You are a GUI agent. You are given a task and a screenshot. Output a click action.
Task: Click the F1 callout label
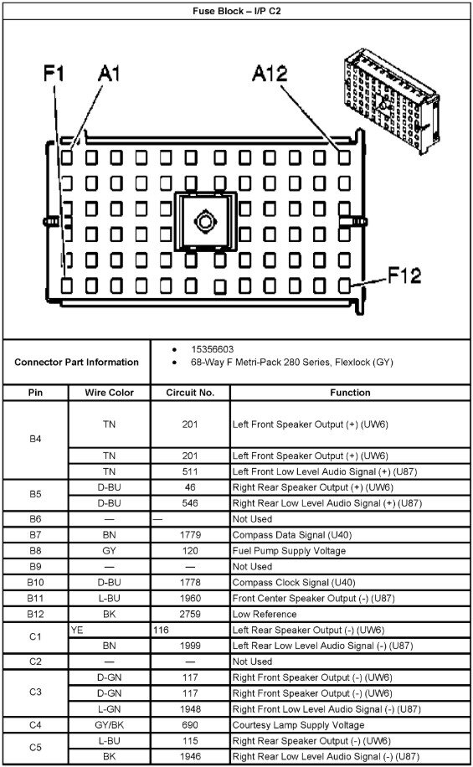pos(54,74)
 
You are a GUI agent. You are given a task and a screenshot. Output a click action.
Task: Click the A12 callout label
pos(270,74)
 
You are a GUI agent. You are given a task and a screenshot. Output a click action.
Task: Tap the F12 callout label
pos(404,275)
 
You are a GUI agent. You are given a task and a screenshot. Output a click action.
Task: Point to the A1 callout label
pos(109,74)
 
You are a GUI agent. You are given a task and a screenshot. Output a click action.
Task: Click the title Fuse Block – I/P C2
pos(237,11)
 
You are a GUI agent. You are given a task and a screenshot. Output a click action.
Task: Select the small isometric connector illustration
pos(391,100)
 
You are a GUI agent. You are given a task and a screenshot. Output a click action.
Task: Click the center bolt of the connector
pos(205,222)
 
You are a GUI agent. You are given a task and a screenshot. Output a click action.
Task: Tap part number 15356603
pos(213,349)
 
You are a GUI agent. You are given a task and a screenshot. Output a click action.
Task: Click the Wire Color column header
pos(109,393)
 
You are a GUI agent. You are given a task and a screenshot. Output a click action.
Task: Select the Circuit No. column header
pos(190,393)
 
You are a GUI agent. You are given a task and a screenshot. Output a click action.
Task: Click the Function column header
pos(350,393)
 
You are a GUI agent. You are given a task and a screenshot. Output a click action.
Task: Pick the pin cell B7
pos(35,535)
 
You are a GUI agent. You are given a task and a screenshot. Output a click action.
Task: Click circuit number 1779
pos(190,535)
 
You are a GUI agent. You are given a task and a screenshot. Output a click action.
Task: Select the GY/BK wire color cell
pos(109,725)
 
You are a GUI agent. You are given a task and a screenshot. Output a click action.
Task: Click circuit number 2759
pos(190,614)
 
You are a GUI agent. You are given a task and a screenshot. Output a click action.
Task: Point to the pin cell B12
pos(35,614)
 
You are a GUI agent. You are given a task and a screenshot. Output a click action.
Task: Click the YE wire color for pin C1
pos(77,630)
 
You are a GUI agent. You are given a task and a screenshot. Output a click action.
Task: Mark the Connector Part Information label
pos(76,362)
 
